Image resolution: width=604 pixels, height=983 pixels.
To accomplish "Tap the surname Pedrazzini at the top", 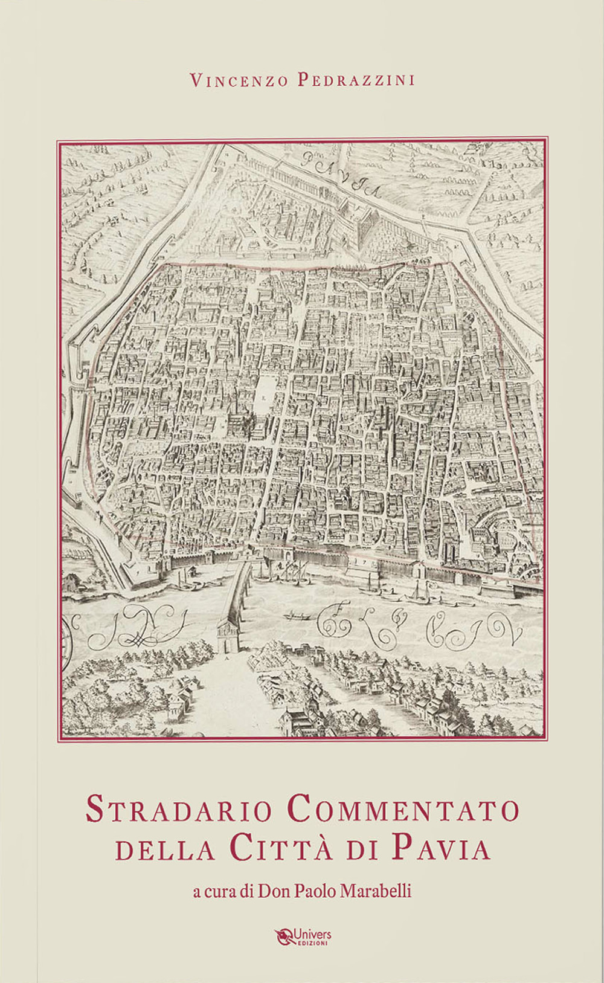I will point(356,80).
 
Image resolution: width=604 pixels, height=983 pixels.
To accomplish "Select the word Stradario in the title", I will point(179,810).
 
